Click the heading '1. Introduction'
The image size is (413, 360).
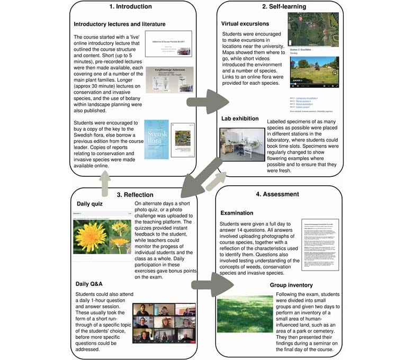tap(130, 7)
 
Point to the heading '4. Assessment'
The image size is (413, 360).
tap(284, 194)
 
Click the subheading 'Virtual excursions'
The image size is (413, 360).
tap(245, 24)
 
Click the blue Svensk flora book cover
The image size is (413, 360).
tap(156, 139)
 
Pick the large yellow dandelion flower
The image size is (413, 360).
tap(91, 237)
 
